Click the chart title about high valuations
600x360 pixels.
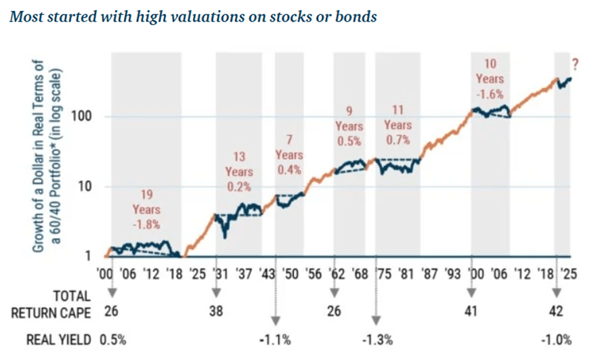[192, 16]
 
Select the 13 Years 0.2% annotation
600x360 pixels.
[238, 173]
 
